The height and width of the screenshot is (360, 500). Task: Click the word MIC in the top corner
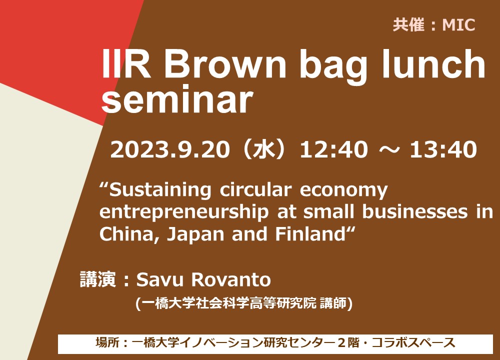[458, 25]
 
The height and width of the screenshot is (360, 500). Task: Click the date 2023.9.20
[170, 149]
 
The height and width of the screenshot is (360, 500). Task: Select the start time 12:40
[333, 149]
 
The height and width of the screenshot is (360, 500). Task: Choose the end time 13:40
[443, 149]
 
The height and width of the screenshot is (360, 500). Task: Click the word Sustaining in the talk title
[160, 190]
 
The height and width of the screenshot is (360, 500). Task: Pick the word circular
[255, 190]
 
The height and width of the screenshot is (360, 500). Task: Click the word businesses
[415, 212]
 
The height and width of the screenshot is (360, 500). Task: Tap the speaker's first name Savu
[160, 279]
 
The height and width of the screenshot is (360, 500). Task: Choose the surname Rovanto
[231, 279]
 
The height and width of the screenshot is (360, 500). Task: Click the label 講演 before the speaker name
[97, 279]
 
